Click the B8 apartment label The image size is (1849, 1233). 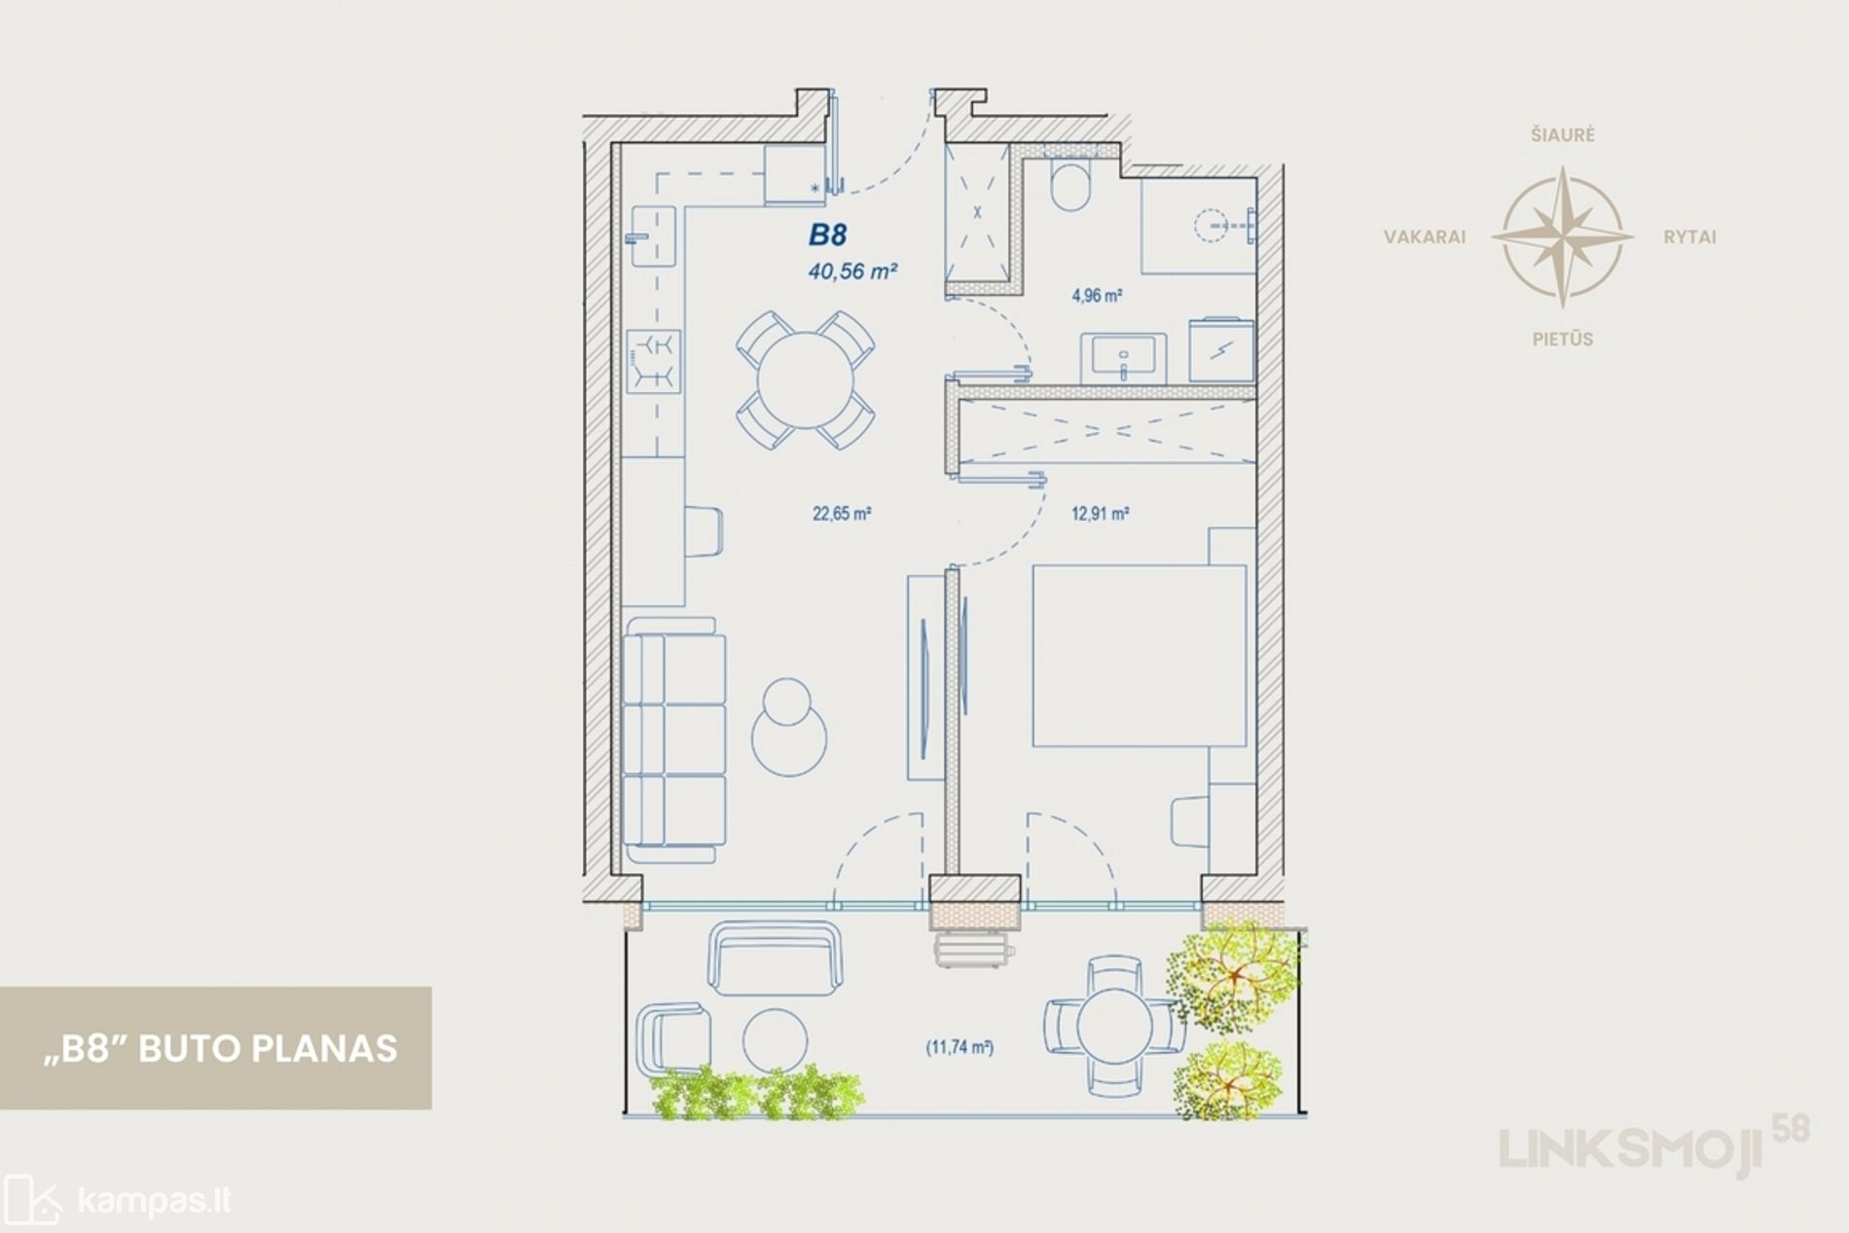(x=828, y=235)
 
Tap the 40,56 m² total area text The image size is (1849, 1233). (x=852, y=272)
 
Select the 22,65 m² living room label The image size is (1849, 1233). (x=842, y=513)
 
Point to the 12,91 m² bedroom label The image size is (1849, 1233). (x=1100, y=513)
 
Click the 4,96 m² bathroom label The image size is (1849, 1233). (x=1098, y=295)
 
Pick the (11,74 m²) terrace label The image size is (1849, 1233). (x=960, y=1048)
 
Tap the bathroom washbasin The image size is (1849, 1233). (x=1124, y=356)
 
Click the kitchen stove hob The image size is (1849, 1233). (x=653, y=361)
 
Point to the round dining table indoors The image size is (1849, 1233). (x=806, y=380)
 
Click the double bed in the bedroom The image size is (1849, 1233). (x=1139, y=656)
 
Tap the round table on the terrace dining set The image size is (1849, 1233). (x=1115, y=1027)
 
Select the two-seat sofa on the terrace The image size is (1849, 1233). (x=776, y=958)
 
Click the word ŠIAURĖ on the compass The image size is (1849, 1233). (x=1562, y=135)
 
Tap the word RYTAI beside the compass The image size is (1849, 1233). (x=1689, y=237)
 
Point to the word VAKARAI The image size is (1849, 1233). (x=1425, y=237)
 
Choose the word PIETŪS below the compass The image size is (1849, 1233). (x=1562, y=340)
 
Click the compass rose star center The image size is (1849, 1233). (x=1562, y=236)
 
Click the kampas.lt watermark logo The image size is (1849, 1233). (x=117, y=1201)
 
